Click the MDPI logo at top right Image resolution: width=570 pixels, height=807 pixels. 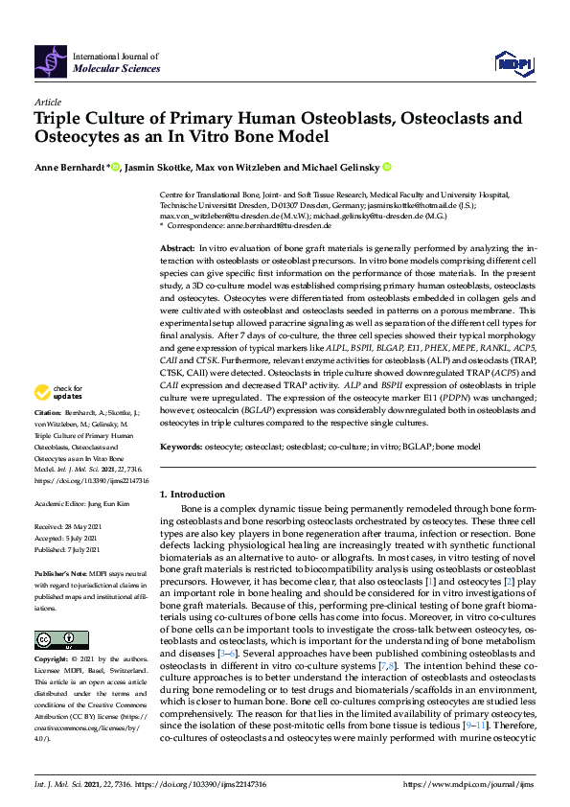click(513, 63)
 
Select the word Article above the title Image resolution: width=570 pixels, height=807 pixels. click(48, 101)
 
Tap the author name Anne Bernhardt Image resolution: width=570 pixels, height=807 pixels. click(69, 167)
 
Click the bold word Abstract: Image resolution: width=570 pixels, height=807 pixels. click(178, 248)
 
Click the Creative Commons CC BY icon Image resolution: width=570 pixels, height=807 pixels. click(55, 639)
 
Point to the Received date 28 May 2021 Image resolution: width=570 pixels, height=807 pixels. click(83, 528)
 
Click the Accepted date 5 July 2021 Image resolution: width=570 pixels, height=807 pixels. click(82, 539)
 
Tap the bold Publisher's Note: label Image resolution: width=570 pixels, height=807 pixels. click(60, 572)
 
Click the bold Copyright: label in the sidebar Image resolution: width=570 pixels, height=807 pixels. click(52, 661)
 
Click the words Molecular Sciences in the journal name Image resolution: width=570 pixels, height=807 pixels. click(112, 70)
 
